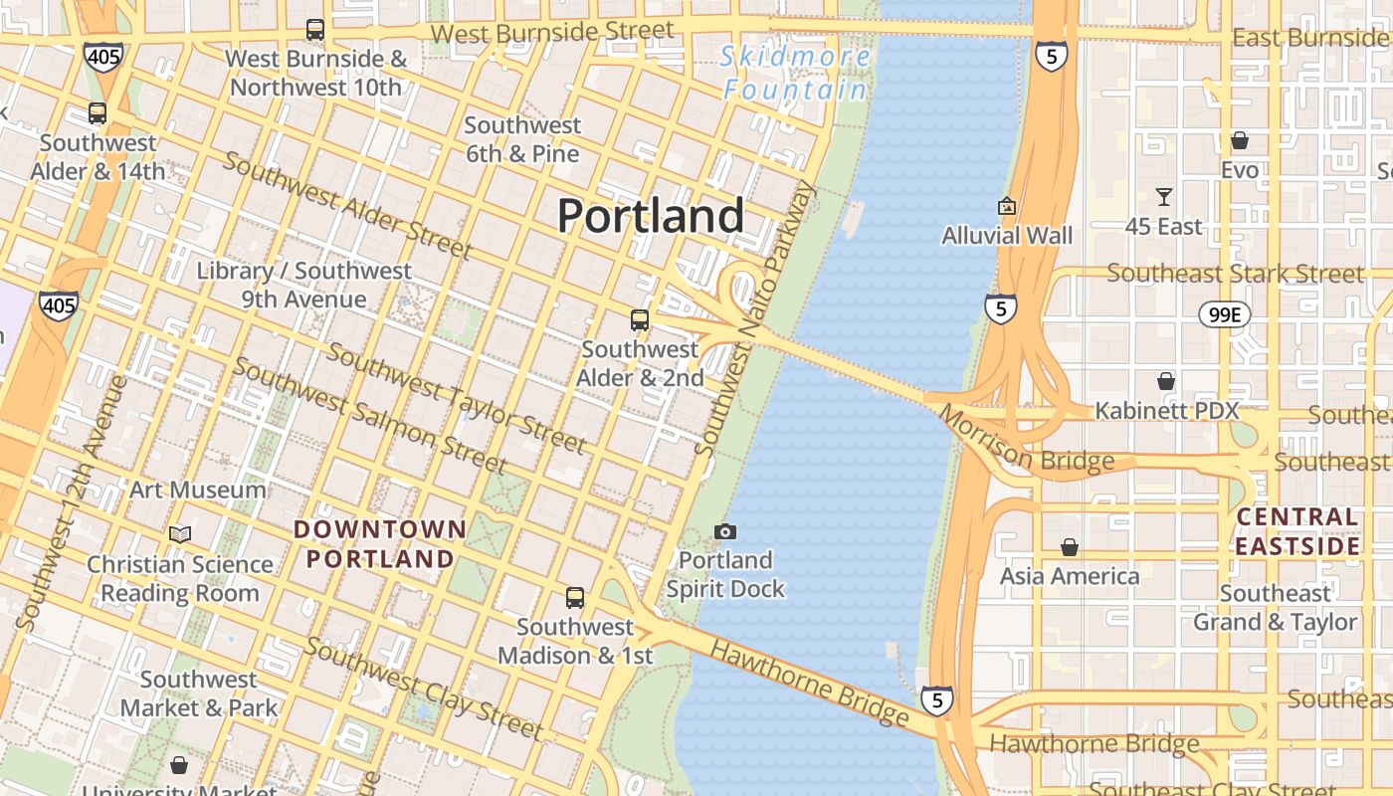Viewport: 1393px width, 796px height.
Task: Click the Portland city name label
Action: click(651, 216)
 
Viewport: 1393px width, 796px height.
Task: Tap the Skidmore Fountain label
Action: click(795, 73)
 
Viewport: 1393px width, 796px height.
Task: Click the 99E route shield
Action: click(1223, 315)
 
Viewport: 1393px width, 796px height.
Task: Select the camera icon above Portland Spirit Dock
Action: click(725, 532)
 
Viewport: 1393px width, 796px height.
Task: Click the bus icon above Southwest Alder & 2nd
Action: click(640, 320)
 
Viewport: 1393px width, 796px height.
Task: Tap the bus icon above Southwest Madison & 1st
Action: click(575, 598)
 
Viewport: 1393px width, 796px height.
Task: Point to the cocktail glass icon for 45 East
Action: click(1163, 197)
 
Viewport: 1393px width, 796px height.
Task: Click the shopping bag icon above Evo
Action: click(1240, 140)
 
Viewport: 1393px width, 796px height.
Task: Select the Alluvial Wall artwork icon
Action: click(1007, 207)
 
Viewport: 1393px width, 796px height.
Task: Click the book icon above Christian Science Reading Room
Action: click(180, 534)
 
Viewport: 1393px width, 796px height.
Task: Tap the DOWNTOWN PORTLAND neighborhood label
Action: click(380, 543)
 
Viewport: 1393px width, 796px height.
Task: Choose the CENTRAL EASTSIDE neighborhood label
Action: click(1296, 531)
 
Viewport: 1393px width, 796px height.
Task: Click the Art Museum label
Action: click(198, 490)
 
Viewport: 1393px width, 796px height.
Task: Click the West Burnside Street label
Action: click(553, 32)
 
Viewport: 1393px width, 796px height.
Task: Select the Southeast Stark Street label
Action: click(1235, 273)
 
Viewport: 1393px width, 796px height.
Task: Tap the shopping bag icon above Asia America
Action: click(1070, 547)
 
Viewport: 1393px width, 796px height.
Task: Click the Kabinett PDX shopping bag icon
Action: click(1165, 381)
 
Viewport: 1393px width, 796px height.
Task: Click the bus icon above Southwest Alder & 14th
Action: click(98, 113)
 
